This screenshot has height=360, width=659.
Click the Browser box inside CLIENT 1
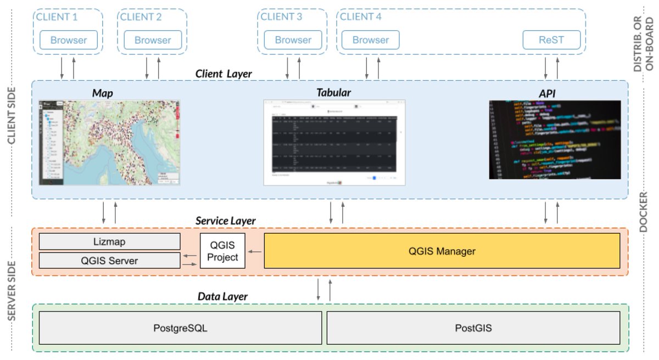click(69, 40)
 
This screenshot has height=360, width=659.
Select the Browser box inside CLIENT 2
click(152, 40)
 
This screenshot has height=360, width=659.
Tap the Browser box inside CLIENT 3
click(293, 40)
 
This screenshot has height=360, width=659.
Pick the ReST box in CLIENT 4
click(551, 40)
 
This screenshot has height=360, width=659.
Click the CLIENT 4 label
click(361, 16)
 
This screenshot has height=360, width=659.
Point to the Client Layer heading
click(224, 74)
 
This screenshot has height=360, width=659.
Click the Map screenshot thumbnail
click(109, 143)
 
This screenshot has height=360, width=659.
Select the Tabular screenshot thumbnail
click(334, 143)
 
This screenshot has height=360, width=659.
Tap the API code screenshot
click(555, 140)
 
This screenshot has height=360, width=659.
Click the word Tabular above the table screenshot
click(333, 92)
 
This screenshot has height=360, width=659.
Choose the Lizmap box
click(109, 241)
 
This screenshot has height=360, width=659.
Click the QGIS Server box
click(109, 261)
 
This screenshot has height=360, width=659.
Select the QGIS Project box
click(222, 251)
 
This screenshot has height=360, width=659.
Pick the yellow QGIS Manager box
click(442, 251)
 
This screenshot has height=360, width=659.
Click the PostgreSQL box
click(180, 329)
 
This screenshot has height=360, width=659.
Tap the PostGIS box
click(473, 329)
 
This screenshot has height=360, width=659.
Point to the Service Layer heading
click(225, 221)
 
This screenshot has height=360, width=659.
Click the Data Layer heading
click(222, 296)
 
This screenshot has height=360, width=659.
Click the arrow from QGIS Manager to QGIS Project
click(254, 251)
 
